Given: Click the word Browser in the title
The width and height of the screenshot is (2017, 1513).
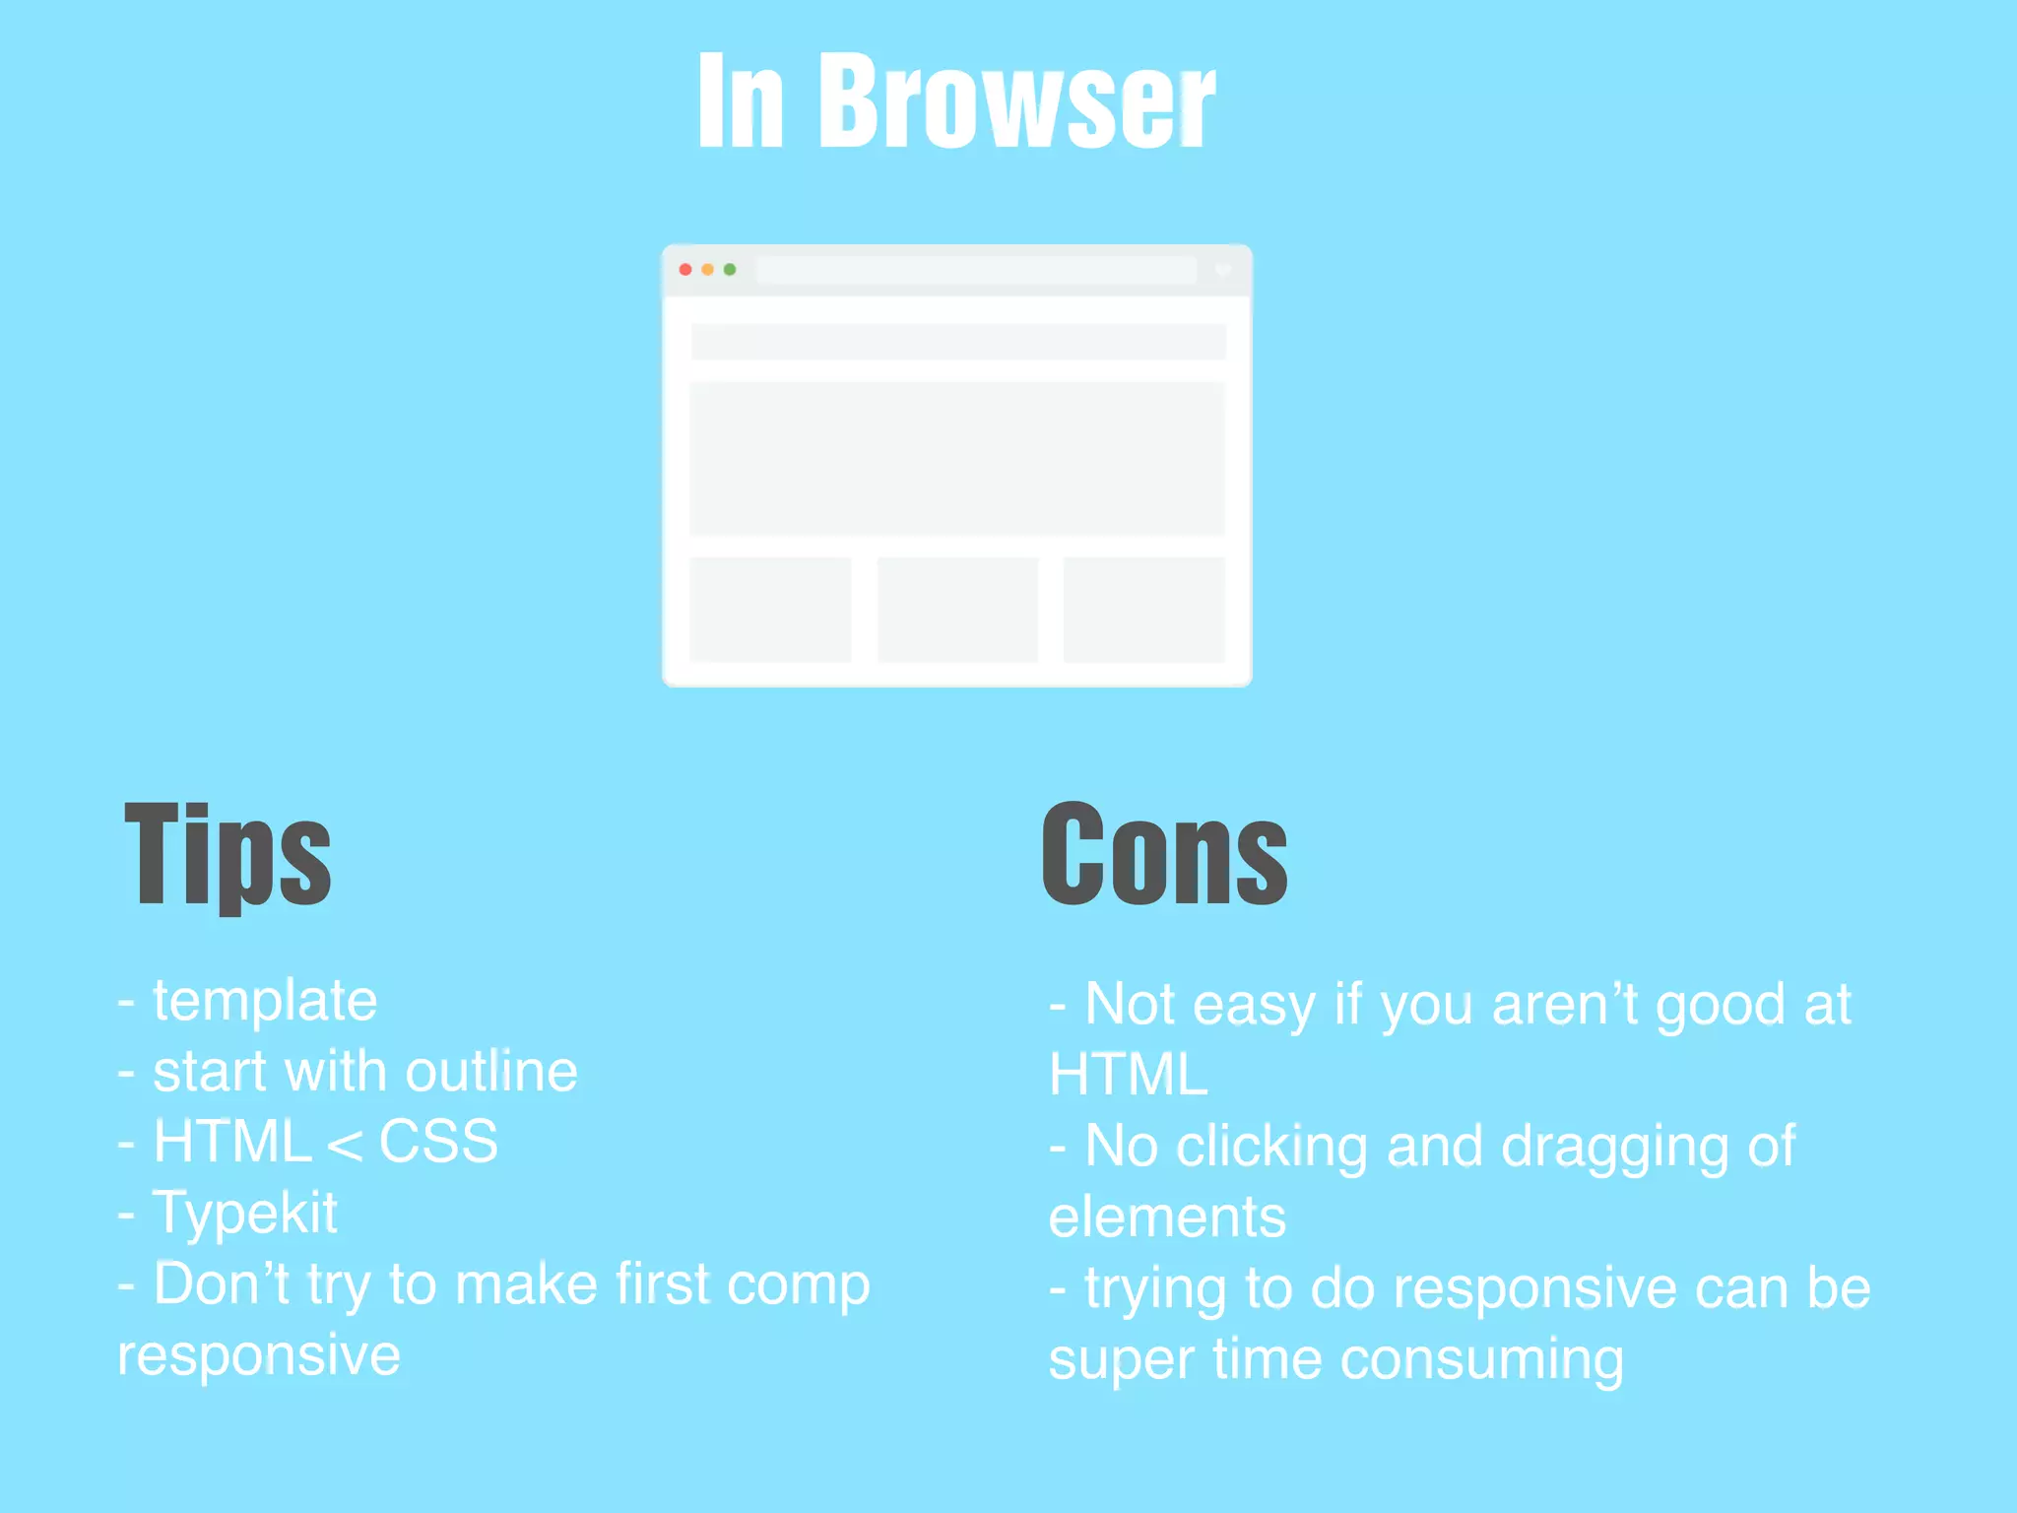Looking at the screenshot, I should pyautogui.click(x=1016, y=102).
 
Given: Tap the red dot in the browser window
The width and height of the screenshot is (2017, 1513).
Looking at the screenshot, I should pyautogui.click(x=685, y=269).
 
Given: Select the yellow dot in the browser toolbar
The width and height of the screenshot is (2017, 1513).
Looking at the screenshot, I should pyautogui.click(x=707, y=269).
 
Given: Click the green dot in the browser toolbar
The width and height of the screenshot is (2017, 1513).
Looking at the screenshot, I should pyautogui.click(x=730, y=269).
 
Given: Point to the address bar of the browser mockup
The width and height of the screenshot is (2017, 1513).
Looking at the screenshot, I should pyautogui.click(x=975, y=270).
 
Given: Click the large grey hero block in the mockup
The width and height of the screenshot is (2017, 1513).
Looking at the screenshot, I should pyautogui.click(x=957, y=458).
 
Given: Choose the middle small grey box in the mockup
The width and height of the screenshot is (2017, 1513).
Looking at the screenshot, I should pyautogui.click(x=957, y=610).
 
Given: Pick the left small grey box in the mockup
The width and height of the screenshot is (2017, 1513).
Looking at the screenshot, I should pyautogui.click(x=770, y=610).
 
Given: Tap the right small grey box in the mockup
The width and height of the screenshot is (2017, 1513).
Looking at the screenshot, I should pyautogui.click(x=1144, y=610).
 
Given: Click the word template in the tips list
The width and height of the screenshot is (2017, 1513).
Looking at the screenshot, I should pyautogui.click(x=265, y=1001).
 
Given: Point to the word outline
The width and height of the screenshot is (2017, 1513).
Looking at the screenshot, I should pyautogui.click(x=491, y=1072).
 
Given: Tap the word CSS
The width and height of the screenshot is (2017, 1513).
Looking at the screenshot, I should pyautogui.click(x=438, y=1143).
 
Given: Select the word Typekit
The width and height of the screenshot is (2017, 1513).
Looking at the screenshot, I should pyautogui.click(x=245, y=1214).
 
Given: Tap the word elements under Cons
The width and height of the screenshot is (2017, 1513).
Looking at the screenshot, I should pyautogui.click(x=1167, y=1217).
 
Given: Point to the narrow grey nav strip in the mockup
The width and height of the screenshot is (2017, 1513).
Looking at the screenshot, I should pyautogui.click(x=957, y=342).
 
